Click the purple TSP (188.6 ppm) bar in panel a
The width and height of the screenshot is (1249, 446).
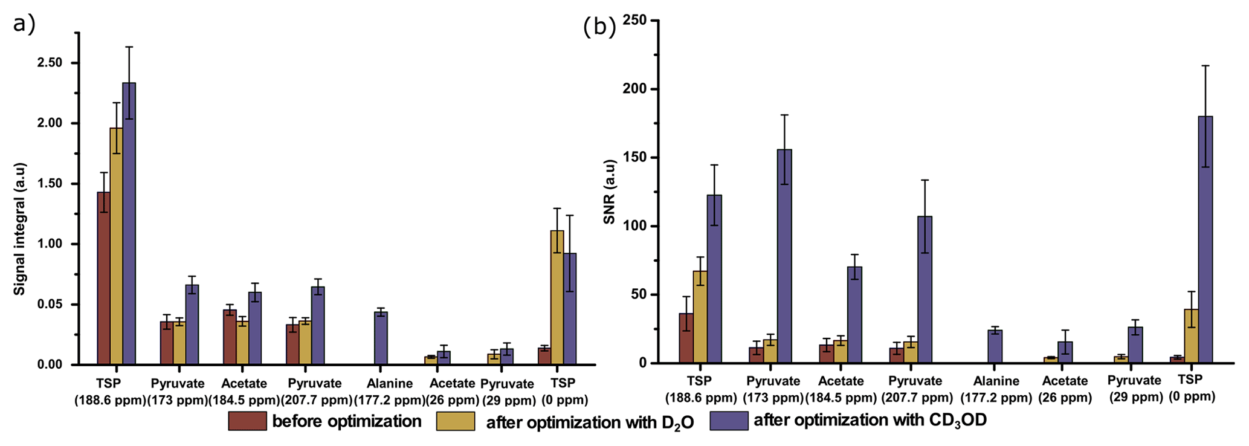[129, 224]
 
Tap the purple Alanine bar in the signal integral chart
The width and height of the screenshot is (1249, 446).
[381, 338]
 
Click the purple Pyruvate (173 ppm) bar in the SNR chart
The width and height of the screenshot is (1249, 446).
[784, 256]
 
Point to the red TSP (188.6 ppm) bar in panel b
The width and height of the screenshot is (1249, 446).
[686, 338]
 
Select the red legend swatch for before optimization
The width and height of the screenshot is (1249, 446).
[247, 421]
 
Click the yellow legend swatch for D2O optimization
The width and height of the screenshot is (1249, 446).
[456, 421]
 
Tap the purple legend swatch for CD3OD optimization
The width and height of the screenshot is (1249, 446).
[729, 421]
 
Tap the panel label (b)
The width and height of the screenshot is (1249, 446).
[599, 27]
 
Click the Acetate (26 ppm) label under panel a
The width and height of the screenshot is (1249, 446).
[452, 391]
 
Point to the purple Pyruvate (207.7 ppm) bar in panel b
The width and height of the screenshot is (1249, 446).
[925, 289]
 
